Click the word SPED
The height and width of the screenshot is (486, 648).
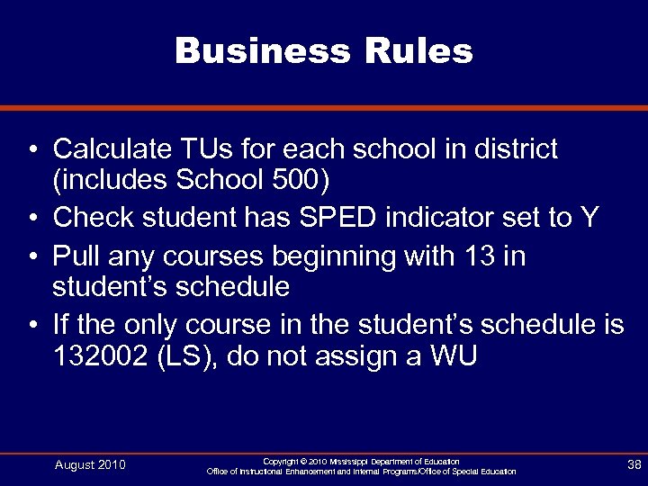[x=340, y=219]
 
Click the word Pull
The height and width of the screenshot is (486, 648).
[x=75, y=256]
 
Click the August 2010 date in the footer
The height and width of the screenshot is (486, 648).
[x=90, y=465]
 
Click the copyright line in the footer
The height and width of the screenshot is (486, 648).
[x=362, y=461]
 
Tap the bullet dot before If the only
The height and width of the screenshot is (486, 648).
[x=31, y=325]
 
